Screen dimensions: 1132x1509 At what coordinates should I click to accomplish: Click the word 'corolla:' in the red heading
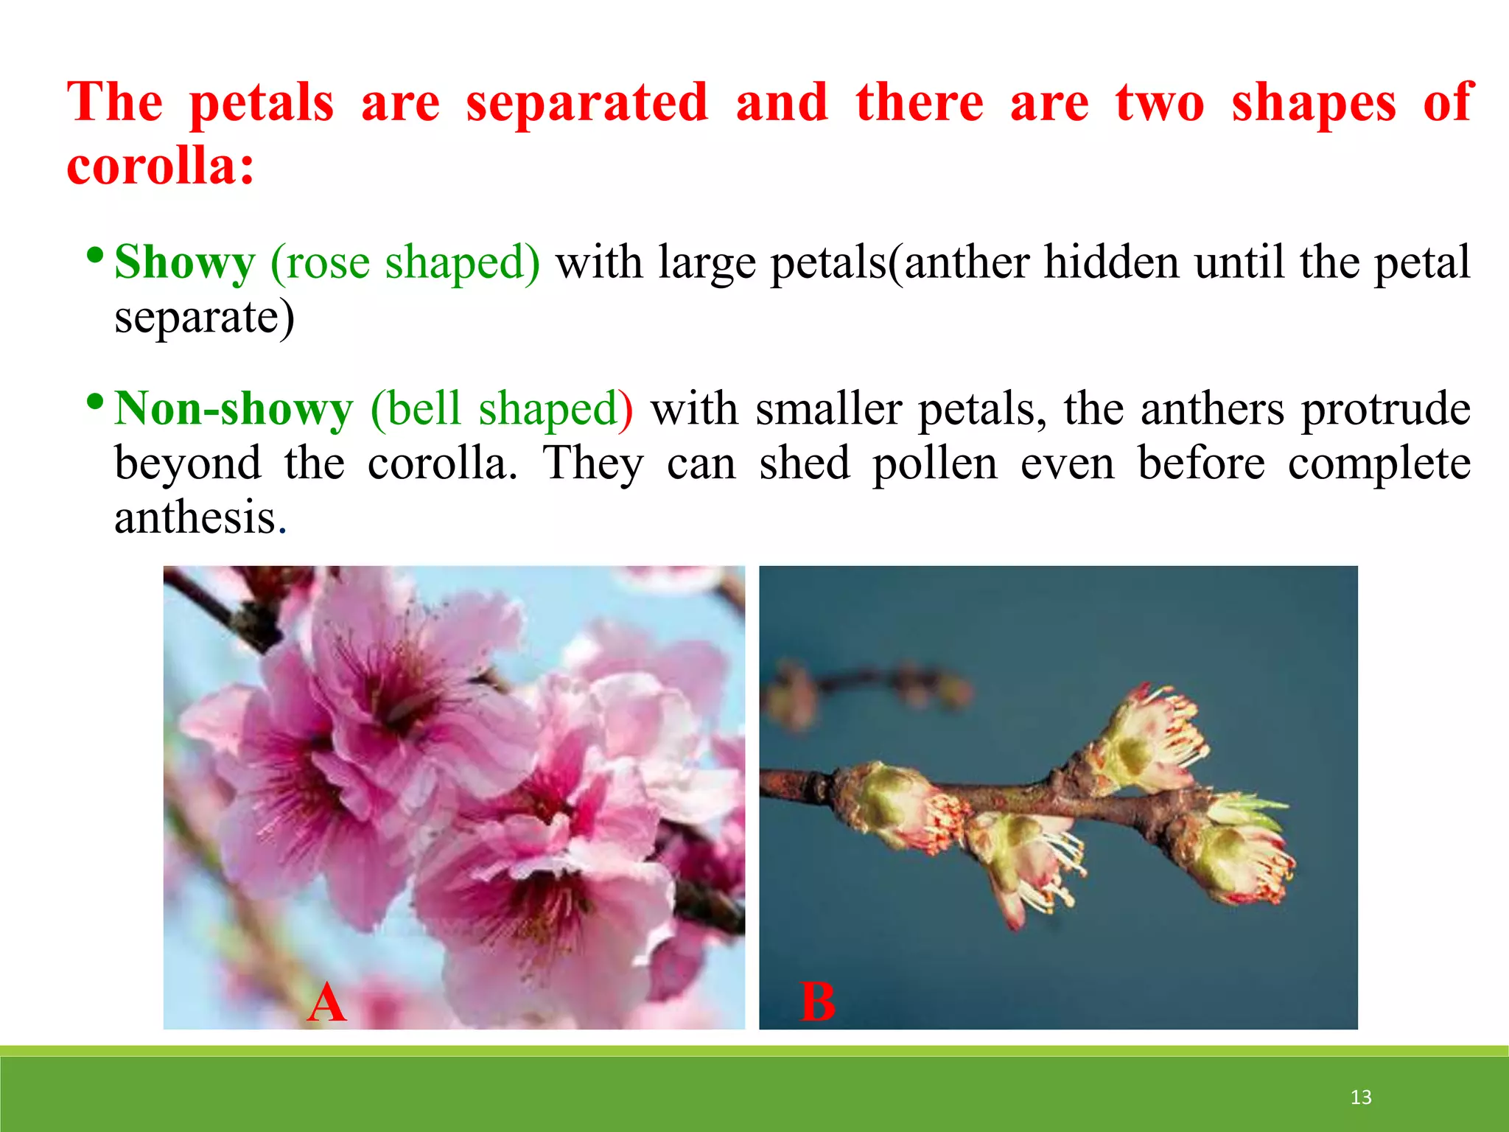coord(161,166)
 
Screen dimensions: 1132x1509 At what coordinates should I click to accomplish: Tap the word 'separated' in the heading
coord(587,103)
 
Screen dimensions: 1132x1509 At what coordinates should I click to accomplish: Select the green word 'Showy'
coord(185,262)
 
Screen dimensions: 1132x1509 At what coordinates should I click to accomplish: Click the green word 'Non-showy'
coord(234,409)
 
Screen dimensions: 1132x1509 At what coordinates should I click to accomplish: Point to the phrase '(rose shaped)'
coord(405,262)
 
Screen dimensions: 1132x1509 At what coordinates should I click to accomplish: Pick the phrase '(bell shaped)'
coord(501,409)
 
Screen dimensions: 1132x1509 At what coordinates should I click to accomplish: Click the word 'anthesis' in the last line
coord(195,517)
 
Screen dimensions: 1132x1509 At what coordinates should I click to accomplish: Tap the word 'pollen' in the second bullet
coord(935,464)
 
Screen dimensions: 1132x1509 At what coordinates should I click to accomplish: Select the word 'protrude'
coord(1386,409)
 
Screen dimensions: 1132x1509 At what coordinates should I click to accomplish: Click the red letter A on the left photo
coord(326,1003)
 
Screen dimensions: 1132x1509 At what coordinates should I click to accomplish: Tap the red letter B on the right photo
coord(818,1003)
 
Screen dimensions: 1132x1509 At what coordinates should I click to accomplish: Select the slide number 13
coord(1361,1097)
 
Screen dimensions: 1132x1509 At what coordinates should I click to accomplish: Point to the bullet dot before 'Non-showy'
coord(94,402)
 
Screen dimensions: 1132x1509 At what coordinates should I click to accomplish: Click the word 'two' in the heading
coord(1160,103)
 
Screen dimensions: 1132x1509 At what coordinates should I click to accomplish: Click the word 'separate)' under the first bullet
coord(204,318)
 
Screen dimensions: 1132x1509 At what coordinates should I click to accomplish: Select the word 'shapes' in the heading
coord(1314,103)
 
